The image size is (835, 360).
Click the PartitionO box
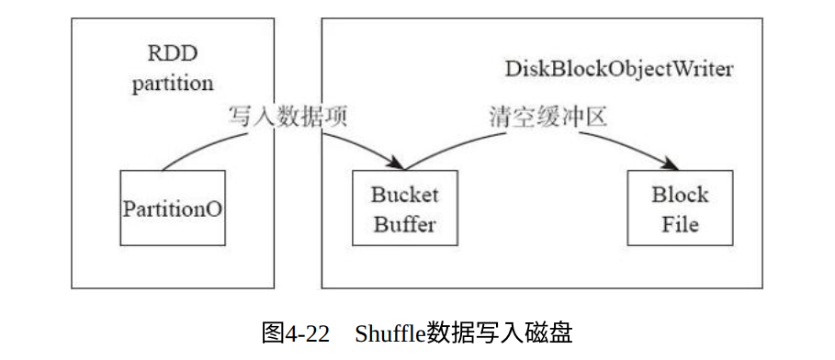173,208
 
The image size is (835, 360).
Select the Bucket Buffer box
405,208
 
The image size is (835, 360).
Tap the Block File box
680,208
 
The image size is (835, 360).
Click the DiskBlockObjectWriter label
618,69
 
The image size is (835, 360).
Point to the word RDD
173,54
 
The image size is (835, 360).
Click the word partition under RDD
173,84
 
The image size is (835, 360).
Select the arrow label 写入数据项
288,118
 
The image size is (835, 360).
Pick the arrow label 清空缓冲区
548,118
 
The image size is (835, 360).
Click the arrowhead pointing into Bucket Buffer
396,163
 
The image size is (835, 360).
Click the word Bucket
405,195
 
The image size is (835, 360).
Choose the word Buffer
405,224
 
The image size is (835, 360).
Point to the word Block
680,195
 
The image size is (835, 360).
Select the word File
680,224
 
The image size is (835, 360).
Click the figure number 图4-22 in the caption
296,334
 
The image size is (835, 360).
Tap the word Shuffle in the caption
389,334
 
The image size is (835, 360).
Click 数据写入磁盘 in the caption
499,334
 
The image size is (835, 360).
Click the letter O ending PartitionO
213,208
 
